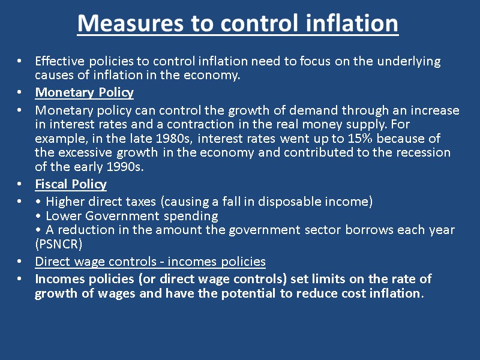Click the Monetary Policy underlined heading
85,92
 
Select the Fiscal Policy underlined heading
71,184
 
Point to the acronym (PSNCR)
59,245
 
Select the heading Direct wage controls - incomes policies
150,262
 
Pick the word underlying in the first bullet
406,61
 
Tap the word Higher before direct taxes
65,202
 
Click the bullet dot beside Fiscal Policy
20,185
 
